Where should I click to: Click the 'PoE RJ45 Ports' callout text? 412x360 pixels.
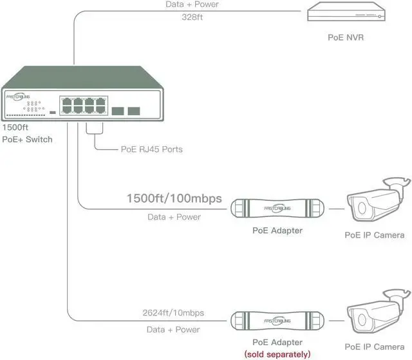(x=151, y=149)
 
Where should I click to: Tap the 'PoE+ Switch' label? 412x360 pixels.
(x=26, y=139)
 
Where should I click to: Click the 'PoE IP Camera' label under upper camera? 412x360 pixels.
(x=375, y=235)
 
